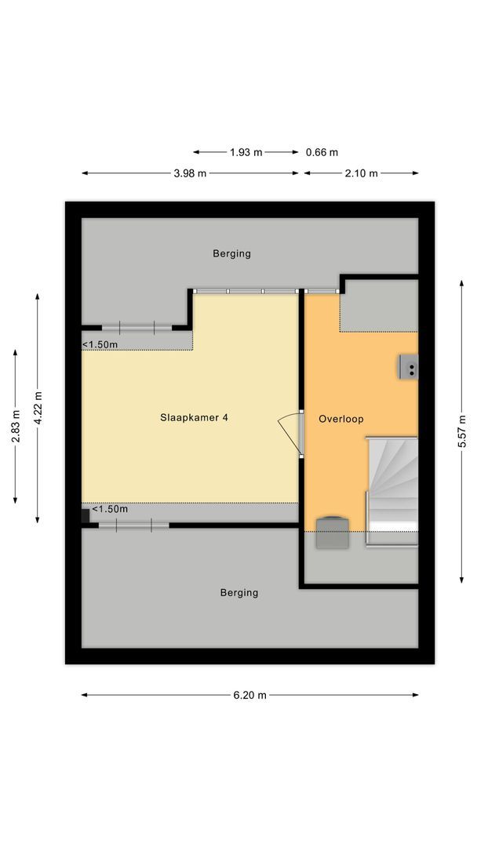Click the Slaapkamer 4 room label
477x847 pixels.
point(194,418)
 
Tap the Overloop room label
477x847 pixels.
point(340,420)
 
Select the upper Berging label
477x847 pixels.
point(231,253)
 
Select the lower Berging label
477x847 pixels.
point(238,593)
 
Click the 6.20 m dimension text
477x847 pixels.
point(250,695)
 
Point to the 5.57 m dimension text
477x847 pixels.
point(462,431)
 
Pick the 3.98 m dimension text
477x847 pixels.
point(190,173)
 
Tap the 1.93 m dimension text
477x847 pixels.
point(246,152)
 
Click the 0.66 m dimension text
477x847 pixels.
point(322,152)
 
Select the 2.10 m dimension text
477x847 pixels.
point(362,173)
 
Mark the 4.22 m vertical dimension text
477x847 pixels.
point(37,407)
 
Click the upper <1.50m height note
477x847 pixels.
point(100,344)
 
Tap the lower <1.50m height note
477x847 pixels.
point(110,509)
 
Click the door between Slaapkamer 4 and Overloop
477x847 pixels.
point(291,432)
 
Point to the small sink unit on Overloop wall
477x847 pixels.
point(408,366)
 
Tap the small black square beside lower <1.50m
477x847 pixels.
point(85,515)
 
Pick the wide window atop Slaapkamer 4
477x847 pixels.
point(246,291)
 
